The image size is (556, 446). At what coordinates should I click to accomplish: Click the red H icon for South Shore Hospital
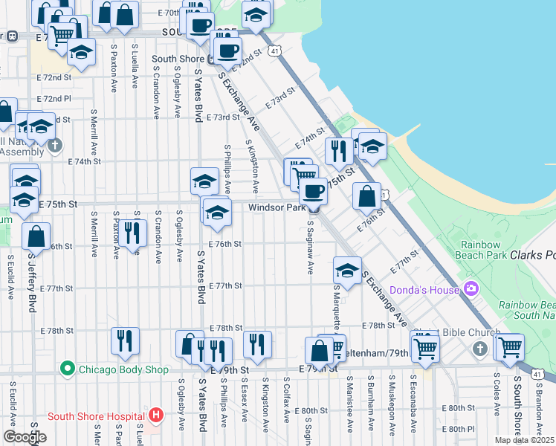(x=155, y=416)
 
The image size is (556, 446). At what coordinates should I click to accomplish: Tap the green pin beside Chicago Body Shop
(x=68, y=369)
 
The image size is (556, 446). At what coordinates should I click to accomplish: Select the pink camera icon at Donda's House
(x=470, y=288)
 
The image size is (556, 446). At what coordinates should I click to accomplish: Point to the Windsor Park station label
(x=277, y=208)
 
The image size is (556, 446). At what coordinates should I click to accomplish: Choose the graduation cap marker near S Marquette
(x=346, y=269)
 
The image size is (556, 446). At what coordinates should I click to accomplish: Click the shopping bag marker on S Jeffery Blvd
(x=36, y=236)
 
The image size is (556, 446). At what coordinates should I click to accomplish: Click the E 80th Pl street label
(x=457, y=429)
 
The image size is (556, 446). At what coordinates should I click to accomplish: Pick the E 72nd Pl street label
(x=56, y=98)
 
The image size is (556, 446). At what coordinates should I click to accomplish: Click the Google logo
(x=25, y=437)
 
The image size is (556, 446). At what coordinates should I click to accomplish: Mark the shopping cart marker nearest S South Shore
(x=510, y=346)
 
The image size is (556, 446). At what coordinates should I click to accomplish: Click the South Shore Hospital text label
(x=97, y=416)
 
